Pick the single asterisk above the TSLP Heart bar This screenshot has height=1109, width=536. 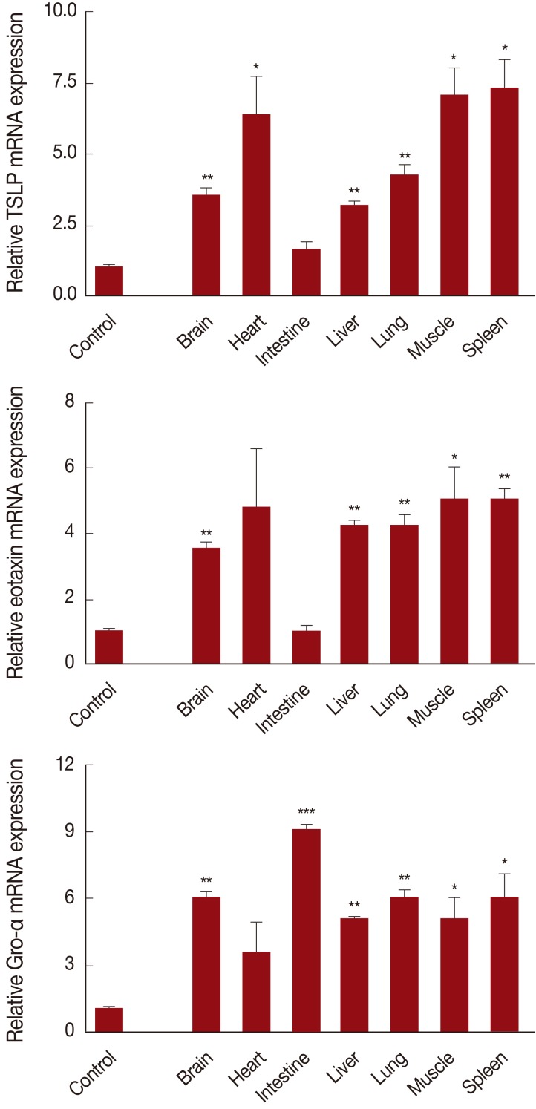click(x=256, y=68)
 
